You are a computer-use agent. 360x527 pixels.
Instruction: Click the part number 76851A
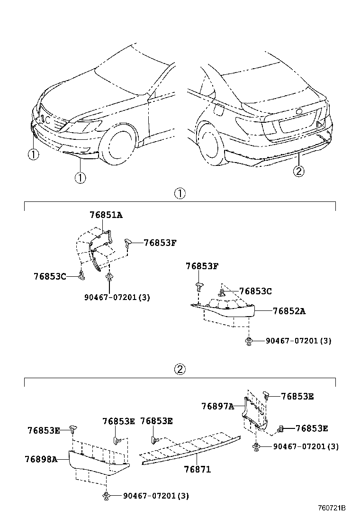tap(106, 215)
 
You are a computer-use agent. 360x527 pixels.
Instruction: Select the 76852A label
tap(289, 311)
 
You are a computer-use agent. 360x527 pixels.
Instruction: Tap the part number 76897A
tap(217, 406)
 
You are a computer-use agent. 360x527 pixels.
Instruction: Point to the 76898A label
tap(41, 459)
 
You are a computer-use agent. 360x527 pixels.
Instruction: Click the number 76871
tap(197, 469)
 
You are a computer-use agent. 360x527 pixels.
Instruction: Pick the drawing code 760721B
tap(332, 508)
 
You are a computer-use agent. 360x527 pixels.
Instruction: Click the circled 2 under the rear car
tap(298, 171)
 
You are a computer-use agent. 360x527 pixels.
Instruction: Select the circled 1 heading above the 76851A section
tap(180, 193)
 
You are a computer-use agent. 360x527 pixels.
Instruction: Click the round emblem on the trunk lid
tap(299, 112)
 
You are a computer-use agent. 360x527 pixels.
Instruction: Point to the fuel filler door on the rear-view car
tap(219, 109)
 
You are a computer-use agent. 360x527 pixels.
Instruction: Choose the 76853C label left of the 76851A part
tap(50, 276)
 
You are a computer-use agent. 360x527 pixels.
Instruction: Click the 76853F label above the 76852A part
tap(202, 266)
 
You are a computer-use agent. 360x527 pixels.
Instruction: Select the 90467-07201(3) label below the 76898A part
tap(156, 496)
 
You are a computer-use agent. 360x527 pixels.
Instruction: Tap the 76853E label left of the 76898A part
tap(44, 430)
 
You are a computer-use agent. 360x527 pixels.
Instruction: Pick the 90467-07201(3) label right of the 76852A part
tap(298, 341)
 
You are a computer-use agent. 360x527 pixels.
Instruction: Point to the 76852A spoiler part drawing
tap(227, 310)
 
